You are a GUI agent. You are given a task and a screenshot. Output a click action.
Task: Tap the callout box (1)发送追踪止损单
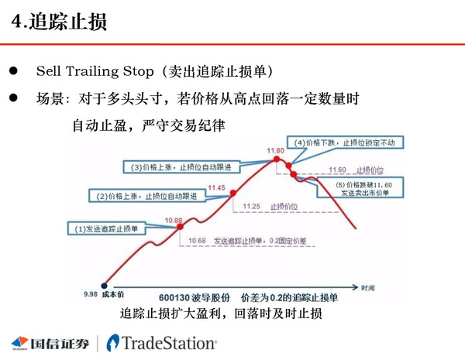pos(107,228)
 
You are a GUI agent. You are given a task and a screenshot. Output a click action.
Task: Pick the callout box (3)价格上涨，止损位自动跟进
pos(181,167)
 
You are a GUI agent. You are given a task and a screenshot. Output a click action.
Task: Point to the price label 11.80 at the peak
pos(275,150)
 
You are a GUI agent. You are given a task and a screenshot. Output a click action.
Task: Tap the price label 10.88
pos(174,221)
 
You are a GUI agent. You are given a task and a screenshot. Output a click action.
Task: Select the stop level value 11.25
pos(251,207)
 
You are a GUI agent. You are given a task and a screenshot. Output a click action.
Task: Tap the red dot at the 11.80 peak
pos(276,159)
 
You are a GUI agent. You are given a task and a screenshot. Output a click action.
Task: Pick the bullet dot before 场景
pos(13,100)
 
